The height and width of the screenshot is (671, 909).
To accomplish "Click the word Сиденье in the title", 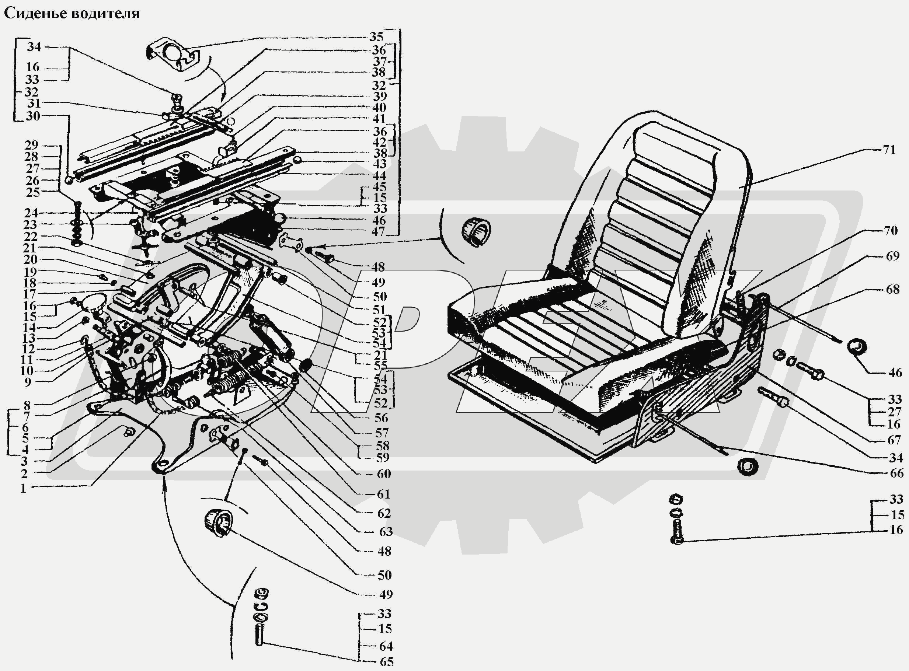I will pyautogui.click(x=35, y=13).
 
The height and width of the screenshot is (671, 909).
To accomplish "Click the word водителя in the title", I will pyautogui.click(x=105, y=13).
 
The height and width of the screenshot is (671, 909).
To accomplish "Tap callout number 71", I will pyautogui.click(x=889, y=150).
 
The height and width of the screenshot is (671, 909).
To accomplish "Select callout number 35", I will pyautogui.click(x=376, y=37).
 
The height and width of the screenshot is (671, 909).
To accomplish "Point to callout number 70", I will pyautogui.click(x=890, y=231).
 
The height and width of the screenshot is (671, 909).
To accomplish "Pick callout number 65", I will pyautogui.click(x=386, y=662).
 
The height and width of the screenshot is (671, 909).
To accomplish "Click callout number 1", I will pyautogui.click(x=24, y=488).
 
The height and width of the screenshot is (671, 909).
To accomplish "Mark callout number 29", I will pyautogui.click(x=31, y=145).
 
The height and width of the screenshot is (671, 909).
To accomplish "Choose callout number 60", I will pyautogui.click(x=384, y=473).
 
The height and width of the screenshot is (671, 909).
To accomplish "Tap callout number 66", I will pyautogui.click(x=896, y=473).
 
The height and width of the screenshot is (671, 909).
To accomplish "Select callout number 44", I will pyautogui.click(x=380, y=176).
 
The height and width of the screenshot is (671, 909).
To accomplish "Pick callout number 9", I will pyautogui.click(x=27, y=382).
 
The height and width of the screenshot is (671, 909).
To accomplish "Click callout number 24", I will pyautogui.click(x=31, y=213).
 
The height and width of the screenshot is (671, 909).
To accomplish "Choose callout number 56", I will pyautogui.click(x=381, y=418).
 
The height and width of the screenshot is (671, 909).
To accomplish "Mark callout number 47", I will pyautogui.click(x=378, y=231).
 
